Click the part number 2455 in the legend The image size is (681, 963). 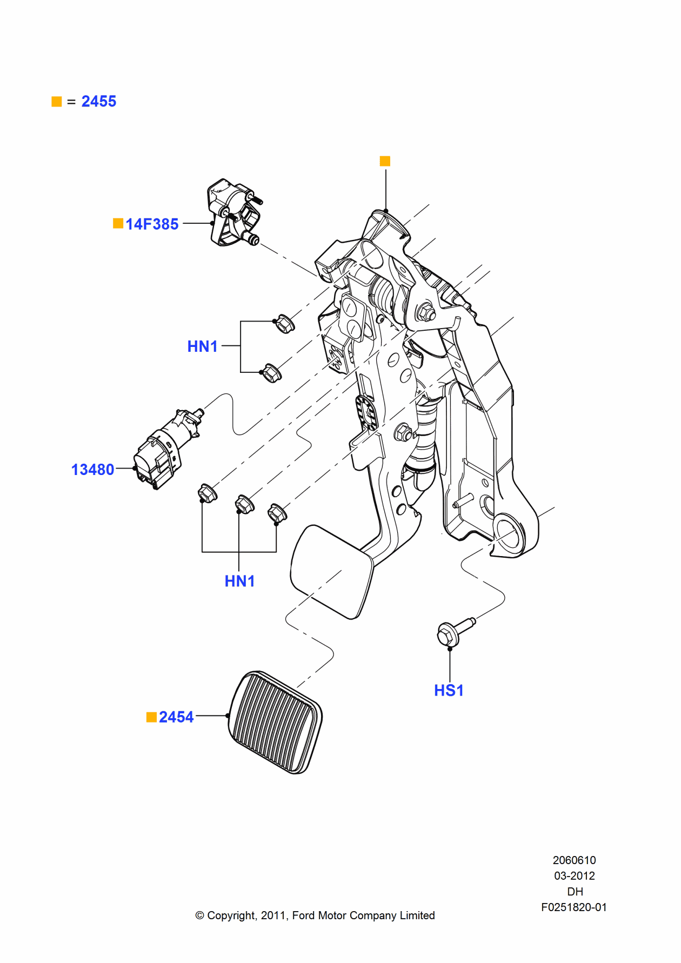pos(98,102)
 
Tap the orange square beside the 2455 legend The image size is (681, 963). pos(57,102)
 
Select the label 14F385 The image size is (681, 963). pos(152,224)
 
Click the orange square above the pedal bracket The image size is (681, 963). pos(385,161)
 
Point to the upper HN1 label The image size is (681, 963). pos(202,346)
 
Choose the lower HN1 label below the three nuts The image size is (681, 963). pos(239,581)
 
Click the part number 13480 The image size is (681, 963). pos(93,470)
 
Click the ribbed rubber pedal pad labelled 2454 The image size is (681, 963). pos(275,723)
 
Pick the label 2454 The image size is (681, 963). pos(176,717)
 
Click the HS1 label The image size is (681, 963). pos(449,691)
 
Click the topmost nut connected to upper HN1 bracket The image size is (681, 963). pos(285,323)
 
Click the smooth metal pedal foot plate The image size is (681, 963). pos(331,572)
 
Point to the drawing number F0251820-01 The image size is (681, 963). pos(573,907)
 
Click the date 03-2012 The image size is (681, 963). pos(574,875)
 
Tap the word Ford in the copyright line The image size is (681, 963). pos(304,915)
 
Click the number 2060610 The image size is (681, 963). pos(574,860)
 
